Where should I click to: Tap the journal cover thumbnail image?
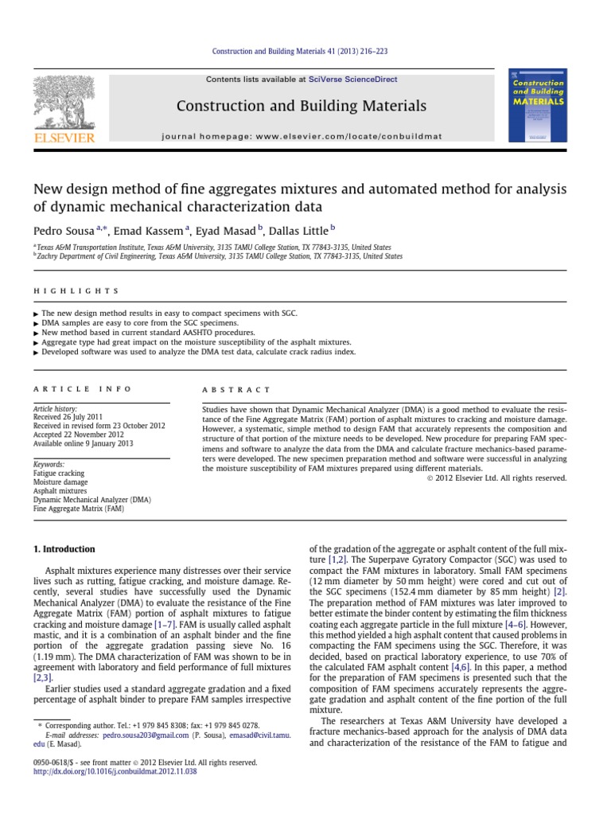pos(537,105)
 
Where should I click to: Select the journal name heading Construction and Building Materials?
pos(301,106)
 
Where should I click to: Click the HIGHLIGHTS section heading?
pos(76,291)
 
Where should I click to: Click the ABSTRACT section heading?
pos(237,390)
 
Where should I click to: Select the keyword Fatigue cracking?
pos(59,473)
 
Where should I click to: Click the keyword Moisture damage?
pos(60,482)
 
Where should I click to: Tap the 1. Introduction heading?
pos(64,549)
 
